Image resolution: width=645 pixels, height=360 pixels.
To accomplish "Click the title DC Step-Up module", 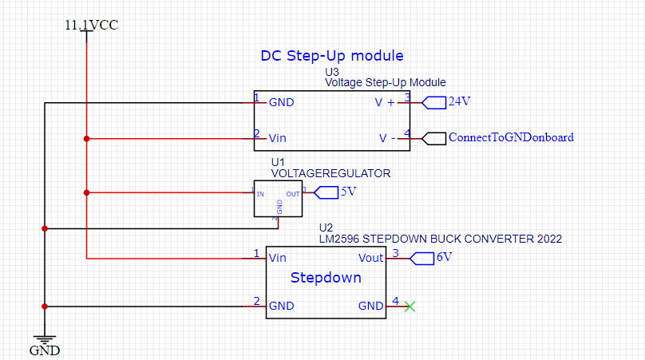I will (331, 56).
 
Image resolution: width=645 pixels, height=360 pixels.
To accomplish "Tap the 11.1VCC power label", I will (91, 25).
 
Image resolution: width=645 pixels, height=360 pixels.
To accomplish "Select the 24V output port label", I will (459, 101).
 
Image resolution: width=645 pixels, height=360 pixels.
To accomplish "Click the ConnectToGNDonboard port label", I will (511, 137).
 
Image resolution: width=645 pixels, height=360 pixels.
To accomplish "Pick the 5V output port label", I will (348, 192).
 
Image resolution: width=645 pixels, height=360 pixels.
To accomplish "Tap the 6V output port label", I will (444, 257).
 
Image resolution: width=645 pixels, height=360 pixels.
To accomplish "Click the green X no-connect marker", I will (410, 306).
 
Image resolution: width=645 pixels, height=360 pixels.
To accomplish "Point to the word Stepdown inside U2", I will (326, 278).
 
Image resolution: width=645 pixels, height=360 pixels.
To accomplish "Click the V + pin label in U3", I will (385, 103).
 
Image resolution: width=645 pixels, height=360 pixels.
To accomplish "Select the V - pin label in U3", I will (387, 138).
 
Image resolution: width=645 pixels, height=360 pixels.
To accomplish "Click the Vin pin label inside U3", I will (278, 138).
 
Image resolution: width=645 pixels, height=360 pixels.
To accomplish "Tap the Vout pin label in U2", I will (371, 258).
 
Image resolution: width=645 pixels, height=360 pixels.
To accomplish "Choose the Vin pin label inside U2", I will (278, 258).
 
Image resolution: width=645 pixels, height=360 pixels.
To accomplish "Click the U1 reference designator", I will (278, 162).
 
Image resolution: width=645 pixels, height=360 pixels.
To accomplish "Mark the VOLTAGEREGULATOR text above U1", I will (330, 172).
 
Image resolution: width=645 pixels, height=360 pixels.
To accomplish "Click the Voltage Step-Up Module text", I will (385, 82).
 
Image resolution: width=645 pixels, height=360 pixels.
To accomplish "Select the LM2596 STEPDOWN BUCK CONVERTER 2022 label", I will (440, 238).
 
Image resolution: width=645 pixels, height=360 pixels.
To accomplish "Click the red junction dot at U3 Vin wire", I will (86, 138).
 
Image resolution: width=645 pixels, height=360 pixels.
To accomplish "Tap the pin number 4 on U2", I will (395, 301).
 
